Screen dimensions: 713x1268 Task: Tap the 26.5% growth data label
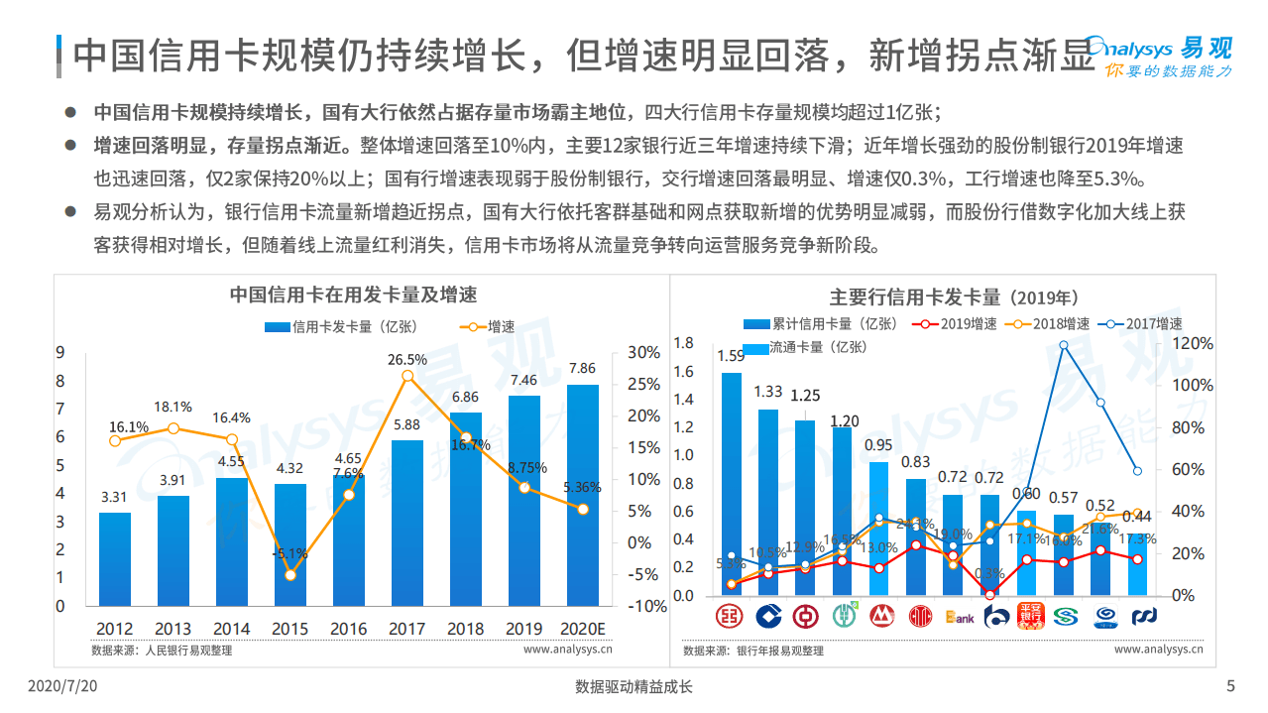pos(407,359)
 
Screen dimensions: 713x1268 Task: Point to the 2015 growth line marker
pos(290,574)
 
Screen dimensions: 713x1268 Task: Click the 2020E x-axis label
pos(582,629)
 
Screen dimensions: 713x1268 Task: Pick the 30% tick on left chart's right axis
pos(643,353)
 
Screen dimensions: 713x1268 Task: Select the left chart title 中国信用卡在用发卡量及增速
pos(353,295)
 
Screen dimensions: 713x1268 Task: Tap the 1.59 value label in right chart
pos(731,356)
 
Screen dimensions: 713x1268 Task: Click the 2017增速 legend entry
pos(1145,324)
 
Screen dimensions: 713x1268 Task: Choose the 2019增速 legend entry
pos(959,324)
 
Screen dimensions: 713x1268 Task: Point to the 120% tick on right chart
pos(1193,343)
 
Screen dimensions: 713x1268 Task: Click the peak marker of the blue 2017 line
pos(1063,345)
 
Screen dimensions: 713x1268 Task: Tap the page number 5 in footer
pos(1230,686)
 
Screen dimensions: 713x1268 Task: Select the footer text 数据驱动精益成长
pos(634,686)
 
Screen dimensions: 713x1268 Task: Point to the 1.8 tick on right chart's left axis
pos(683,343)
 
